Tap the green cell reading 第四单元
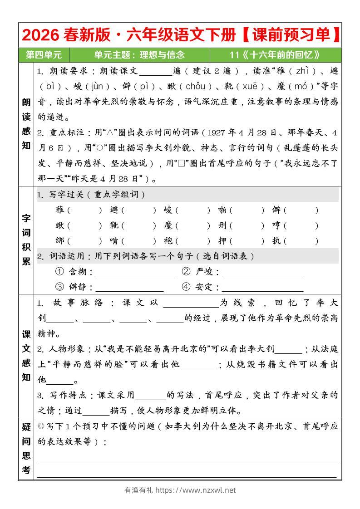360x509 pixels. click(x=44, y=55)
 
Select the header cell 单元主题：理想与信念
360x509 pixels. click(x=139, y=55)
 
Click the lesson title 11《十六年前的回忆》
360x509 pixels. click(x=275, y=55)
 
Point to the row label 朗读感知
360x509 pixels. click(x=26, y=124)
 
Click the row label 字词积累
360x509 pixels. click(x=26, y=240)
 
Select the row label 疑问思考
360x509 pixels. click(x=26, y=448)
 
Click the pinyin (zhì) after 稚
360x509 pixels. click(x=302, y=71)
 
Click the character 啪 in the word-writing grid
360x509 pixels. click(x=222, y=210)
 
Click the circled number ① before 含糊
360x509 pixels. click(x=59, y=272)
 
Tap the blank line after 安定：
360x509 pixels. click(x=262, y=288)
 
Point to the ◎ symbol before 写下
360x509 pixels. click(x=41, y=426)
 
